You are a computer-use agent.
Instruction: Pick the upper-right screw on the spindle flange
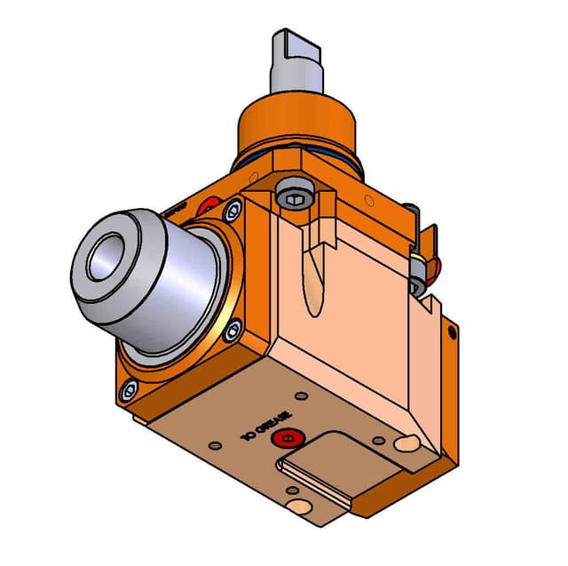(233, 211)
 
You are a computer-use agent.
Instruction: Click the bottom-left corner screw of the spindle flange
(130, 388)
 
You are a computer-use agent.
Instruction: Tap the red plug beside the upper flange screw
(211, 206)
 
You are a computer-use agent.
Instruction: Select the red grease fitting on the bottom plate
(285, 438)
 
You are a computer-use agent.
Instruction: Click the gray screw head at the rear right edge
(417, 286)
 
